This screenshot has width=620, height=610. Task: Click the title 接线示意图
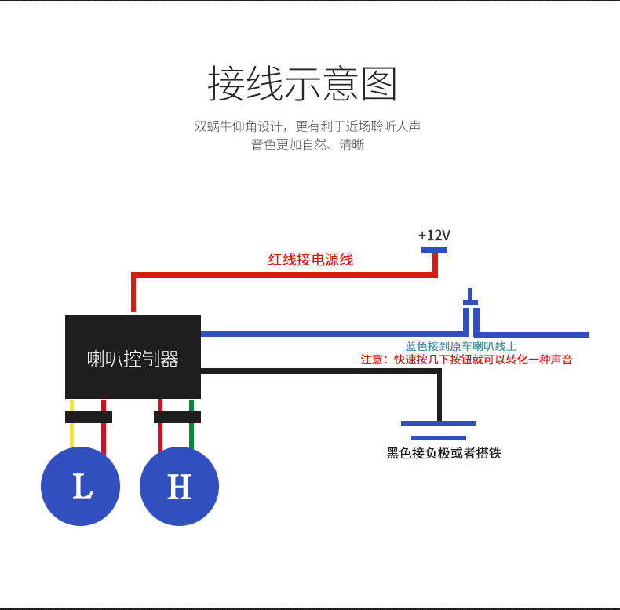click(302, 83)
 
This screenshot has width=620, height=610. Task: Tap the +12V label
click(434, 235)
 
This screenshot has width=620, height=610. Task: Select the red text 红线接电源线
click(311, 260)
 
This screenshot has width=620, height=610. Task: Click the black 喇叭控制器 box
click(133, 356)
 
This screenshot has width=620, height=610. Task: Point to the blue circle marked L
click(80, 486)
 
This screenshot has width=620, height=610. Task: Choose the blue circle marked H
click(179, 486)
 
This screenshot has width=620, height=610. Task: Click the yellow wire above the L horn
click(71, 424)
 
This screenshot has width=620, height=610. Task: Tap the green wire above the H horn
click(191, 424)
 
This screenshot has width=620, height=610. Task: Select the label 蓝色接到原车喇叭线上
click(461, 346)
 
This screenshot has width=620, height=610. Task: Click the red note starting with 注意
click(467, 360)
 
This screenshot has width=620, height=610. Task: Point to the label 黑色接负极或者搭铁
click(444, 453)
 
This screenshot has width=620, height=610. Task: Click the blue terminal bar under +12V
click(434, 250)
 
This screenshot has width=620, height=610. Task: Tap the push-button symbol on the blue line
click(471, 311)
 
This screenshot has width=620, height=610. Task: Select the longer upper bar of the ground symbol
click(439, 423)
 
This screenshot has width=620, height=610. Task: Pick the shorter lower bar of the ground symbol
click(439, 438)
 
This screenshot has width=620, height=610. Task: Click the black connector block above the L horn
click(89, 418)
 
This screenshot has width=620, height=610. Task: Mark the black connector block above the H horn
click(177, 418)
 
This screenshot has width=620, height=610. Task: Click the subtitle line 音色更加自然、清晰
click(308, 144)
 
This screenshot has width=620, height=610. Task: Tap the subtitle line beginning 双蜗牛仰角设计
click(307, 126)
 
